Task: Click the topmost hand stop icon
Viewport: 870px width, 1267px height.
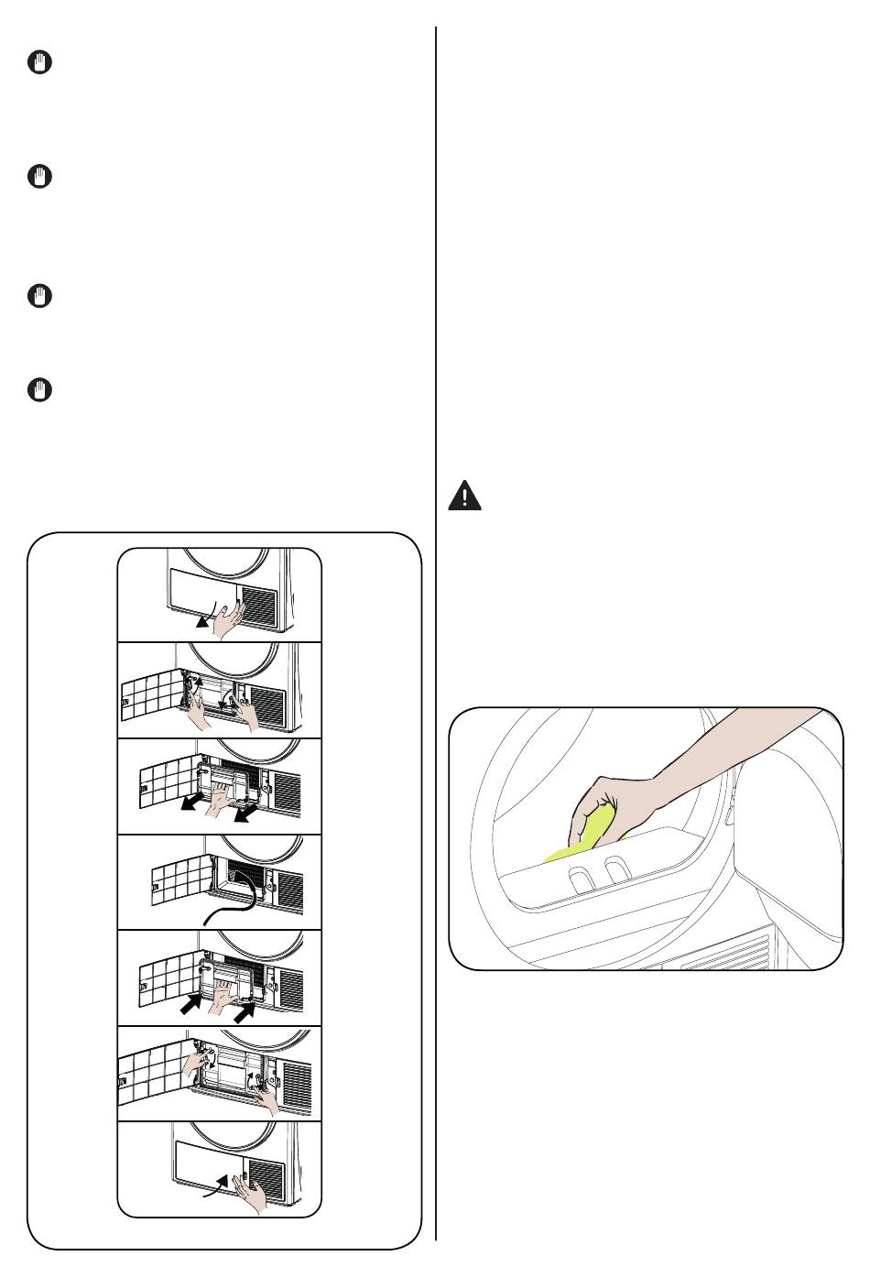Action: click(x=39, y=63)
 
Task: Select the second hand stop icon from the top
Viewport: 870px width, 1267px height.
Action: click(x=39, y=177)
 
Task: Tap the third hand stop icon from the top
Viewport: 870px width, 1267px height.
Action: click(x=39, y=297)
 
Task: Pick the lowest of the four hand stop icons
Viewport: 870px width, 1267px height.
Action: click(x=39, y=390)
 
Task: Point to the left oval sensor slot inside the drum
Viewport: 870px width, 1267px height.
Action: click(x=580, y=879)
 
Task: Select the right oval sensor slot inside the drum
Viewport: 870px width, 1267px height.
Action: click(x=617, y=871)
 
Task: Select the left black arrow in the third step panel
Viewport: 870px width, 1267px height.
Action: click(x=192, y=804)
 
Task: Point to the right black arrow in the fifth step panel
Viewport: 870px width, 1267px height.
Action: click(x=245, y=1011)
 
